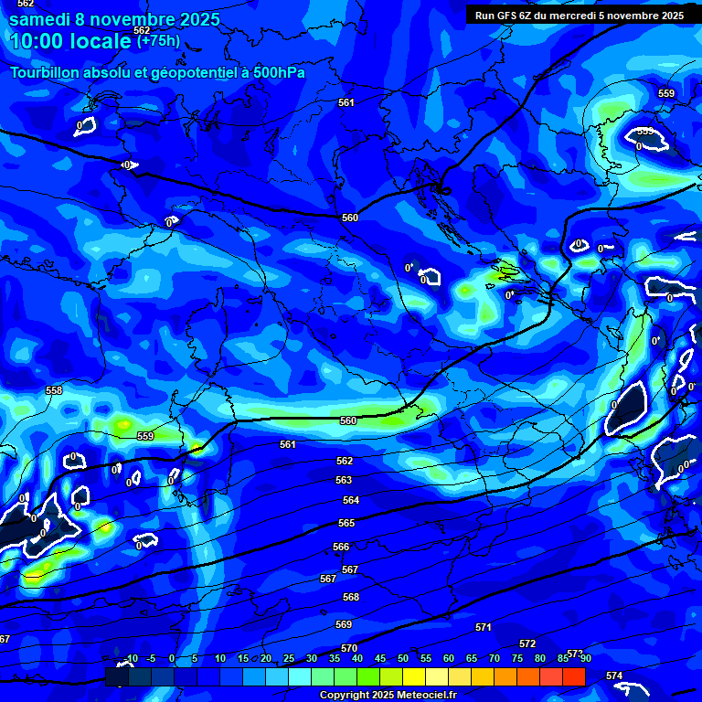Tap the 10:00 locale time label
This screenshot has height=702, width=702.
pyautogui.click(x=70, y=41)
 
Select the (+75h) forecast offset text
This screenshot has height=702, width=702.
pyautogui.click(x=158, y=40)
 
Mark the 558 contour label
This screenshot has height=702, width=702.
pyautogui.click(x=54, y=390)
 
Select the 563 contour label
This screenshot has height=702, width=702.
pyautogui.click(x=344, y=480)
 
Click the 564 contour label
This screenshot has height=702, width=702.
pyautogui.click(x=351, y=500)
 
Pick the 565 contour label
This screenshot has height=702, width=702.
pyautogui.click(x=346, y=523)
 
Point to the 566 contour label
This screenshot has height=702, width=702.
pyautogui.click(x=341, y=547)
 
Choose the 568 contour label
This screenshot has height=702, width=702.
pyautogui.click(x=351, y=596)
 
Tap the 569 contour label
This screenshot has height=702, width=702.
pyautogui.click(x=344, y=624)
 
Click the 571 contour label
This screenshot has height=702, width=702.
pyautogui.click(x=484, y=627)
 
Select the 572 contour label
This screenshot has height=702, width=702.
pyautogui.click(x=527, y=644)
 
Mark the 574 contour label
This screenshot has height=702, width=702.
pyautogui.click(x=614, y=675)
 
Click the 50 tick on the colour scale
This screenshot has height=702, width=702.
pyautogui.click(x=402, y=658)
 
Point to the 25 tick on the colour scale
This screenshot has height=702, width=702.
pyautogui.click(x=289, y=658)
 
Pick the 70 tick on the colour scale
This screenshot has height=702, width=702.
pyautogui.click(x=494, y=658)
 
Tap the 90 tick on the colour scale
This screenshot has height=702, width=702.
pyautogui.click(x=585, y=658)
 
